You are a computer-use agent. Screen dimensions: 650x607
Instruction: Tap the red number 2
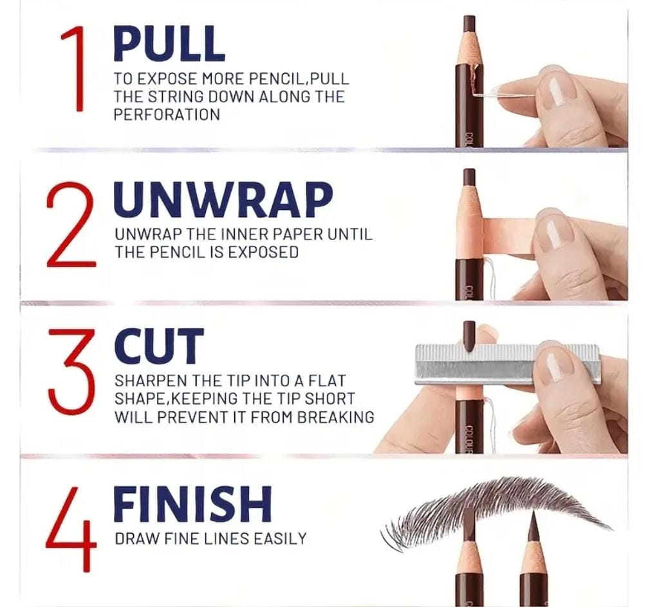pyautogui.click(x=71, y=226)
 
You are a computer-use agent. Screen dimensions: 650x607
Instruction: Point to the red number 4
pyautogui.click(x=71, y=528)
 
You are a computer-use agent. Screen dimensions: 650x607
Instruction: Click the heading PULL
pyautogui.click(x=169, y=44)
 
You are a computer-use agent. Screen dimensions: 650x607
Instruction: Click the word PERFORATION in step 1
pyautogui.click(x=167, y=115)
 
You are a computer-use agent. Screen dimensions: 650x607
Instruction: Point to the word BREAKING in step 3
pyautogui.click(x=336, y=417)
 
